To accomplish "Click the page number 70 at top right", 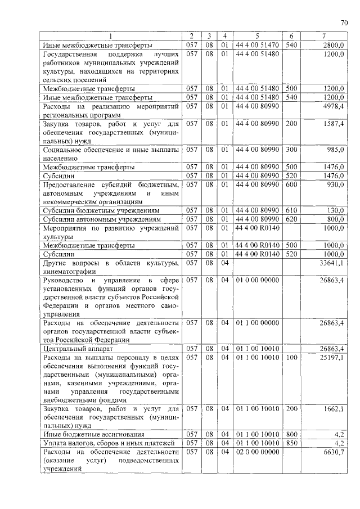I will coord(344,23).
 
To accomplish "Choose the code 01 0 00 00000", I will coord(256,280).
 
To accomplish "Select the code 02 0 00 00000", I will coord(256,452).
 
